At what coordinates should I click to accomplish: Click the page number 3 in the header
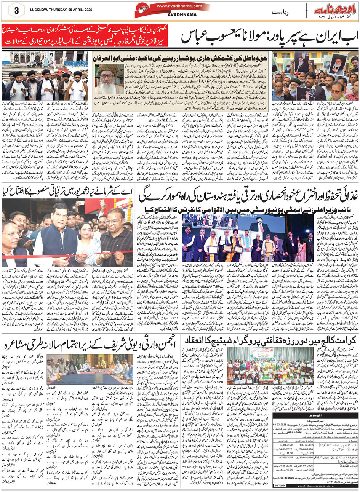(x=16, y=11)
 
